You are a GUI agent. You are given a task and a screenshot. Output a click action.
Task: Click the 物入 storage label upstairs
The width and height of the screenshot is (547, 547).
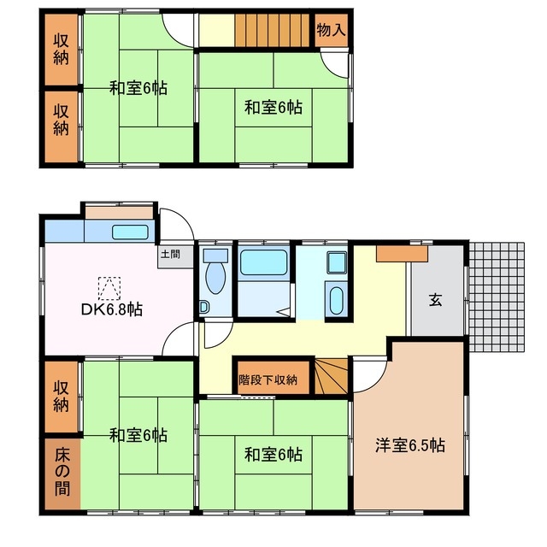coord(331,31)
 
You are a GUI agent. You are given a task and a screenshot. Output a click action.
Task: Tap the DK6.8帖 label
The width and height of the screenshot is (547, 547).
coord(112,309)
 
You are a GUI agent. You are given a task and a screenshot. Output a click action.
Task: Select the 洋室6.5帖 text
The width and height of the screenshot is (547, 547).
coord(410,444)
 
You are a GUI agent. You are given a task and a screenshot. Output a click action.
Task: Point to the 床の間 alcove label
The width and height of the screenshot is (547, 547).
coord(61,474)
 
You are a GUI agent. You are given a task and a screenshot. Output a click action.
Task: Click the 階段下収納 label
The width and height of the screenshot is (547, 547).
coord(268,379)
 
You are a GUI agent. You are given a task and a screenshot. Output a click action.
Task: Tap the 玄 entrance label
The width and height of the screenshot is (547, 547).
coord(435,299)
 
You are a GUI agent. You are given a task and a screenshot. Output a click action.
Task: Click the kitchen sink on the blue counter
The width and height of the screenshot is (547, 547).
coord(130,232)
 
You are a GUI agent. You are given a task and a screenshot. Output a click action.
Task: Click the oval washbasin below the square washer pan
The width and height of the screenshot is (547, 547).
coord(335,302)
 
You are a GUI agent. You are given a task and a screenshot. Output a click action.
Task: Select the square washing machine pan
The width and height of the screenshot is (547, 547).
coord(335,264)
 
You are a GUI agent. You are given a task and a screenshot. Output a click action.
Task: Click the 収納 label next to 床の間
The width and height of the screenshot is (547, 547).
coord(61,395)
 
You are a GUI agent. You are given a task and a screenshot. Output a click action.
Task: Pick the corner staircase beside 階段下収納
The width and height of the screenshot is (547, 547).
coord(332,377)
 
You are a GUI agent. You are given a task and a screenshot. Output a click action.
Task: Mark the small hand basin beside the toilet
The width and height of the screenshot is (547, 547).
coord(203,307)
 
